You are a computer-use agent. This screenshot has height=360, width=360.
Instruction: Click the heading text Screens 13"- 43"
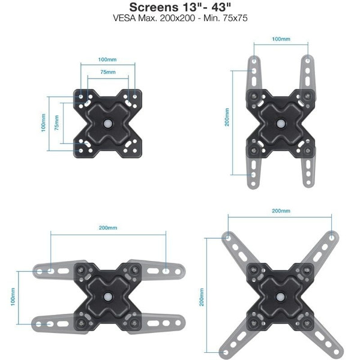[x=180, y=7]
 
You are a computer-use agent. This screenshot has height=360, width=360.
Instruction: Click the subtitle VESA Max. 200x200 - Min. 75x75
[x=180, y=18]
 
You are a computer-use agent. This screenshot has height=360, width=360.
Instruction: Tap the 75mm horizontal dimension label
[x=108, y=72]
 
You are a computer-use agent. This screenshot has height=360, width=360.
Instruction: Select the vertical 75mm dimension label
[x=56, y=123]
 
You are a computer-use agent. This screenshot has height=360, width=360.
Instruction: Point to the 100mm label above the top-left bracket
[x=107, y=59]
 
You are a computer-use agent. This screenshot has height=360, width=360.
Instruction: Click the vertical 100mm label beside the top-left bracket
[x=43, y=123]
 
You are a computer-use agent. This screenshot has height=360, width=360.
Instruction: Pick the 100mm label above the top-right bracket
[x=281, y=39]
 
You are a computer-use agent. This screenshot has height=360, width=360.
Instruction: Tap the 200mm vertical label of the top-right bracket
[x=227, y=117]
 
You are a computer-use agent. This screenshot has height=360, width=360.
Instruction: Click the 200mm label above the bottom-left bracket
[x=108, y=228]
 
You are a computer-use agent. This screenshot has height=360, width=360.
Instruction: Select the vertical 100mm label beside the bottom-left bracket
[x=13, y=296]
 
